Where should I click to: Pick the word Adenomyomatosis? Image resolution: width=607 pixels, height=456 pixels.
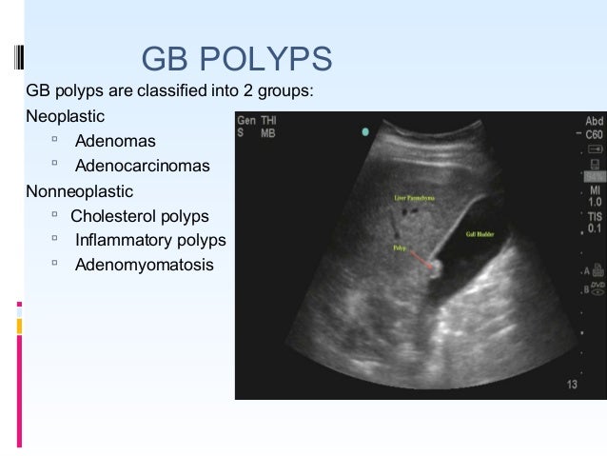tap(145, 264)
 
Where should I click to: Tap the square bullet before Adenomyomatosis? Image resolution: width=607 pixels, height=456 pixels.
tap(56, 263)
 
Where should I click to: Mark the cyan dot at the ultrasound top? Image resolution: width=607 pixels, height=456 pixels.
tap(364, 131)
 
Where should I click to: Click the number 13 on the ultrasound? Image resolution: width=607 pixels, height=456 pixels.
tap(571, 385)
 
